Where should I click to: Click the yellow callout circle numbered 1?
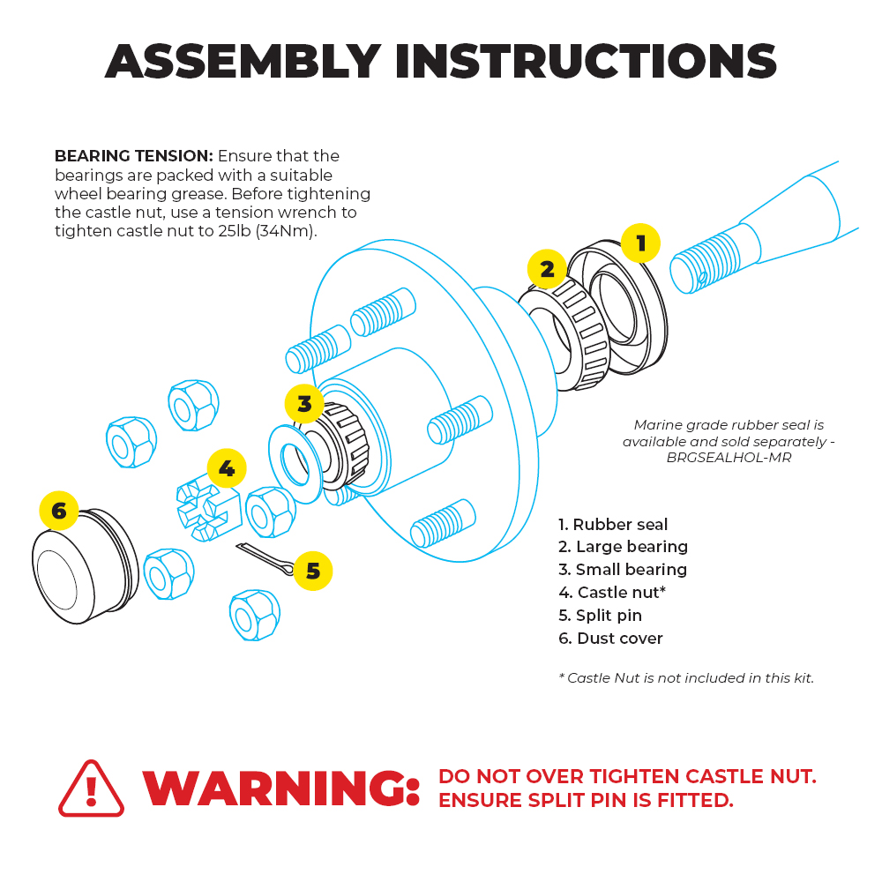[x=640, y=243]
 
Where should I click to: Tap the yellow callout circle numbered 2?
[x=547, y=269]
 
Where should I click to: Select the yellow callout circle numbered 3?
[x=304, y=404]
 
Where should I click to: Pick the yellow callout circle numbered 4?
[x=227, y=468]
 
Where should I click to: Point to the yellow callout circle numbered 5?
[x=312, y=571]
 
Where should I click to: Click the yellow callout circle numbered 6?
[x=59, y=511]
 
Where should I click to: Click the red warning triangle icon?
[x=91, y=789]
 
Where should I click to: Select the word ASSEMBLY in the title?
[x=243, y=62]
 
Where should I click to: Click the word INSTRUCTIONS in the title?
[x=586, y=62]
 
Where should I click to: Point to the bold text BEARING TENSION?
[x=133, y=156]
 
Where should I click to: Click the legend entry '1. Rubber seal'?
[x=613, y=525]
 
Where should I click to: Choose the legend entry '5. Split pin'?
[x=600, y=616]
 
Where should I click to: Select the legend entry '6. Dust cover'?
[x=610, y=639]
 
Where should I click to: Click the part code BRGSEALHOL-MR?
[x=729, y=458]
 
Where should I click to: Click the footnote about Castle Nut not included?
[x=686, y=678]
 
